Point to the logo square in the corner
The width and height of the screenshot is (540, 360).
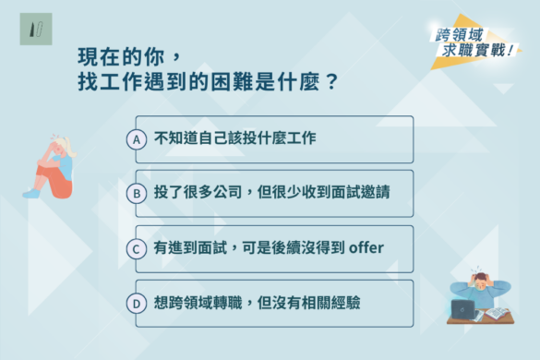tap(33, 30)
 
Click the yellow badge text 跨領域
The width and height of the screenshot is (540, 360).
tap(461, 34)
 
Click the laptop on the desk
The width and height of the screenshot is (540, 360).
tap(462, 308)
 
